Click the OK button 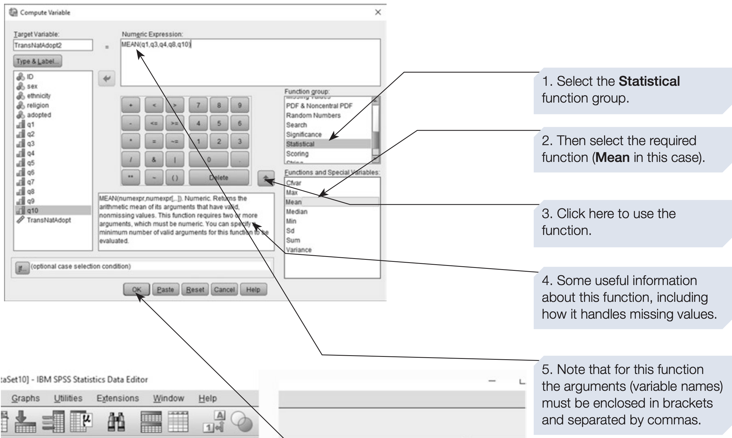136,290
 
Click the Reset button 195,290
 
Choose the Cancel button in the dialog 224,290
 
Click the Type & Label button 37,61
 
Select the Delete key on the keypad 218,178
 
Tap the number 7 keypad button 198,105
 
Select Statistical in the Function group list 300,144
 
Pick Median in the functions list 297,212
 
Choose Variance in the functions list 299,250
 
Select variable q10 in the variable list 32,210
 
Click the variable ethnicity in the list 39,96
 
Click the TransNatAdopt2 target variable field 52,45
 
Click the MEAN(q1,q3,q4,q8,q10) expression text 156,45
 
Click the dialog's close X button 378,12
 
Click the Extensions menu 117,398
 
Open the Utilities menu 68,398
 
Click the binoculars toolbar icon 116,421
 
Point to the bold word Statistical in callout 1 649,81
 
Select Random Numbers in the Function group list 313,115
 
